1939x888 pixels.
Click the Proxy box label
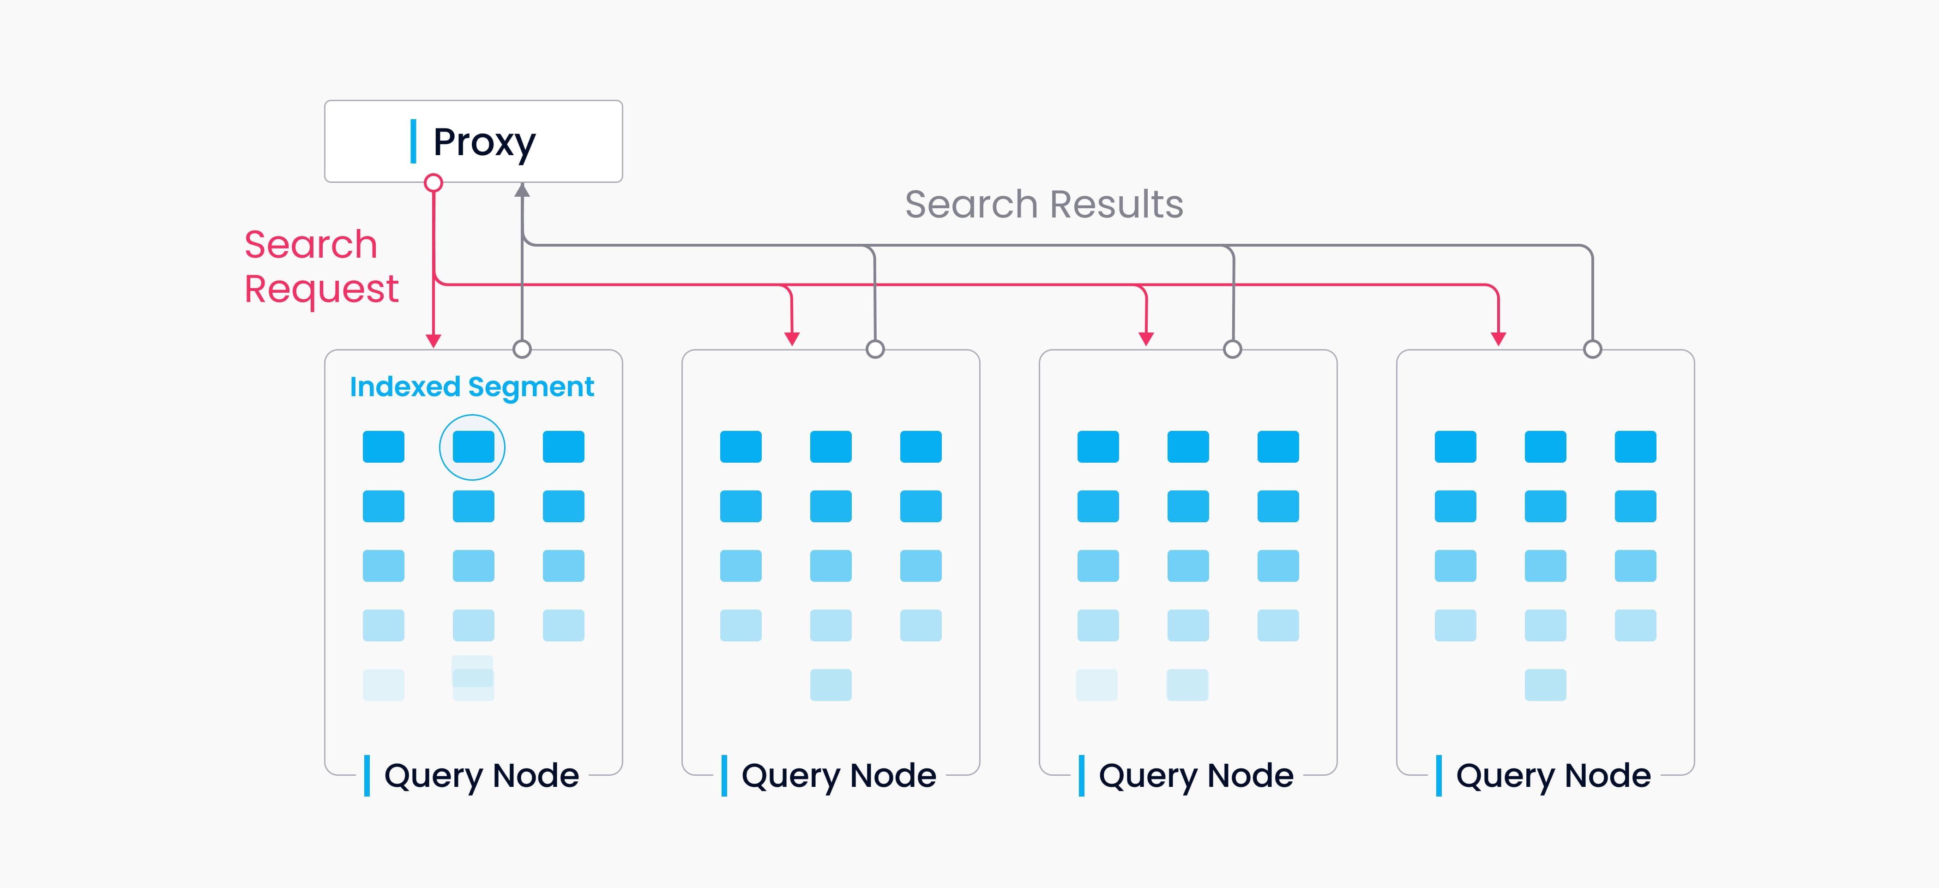483,142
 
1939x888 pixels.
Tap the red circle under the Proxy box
434,183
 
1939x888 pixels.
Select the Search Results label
1043,204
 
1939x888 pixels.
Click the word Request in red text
321,289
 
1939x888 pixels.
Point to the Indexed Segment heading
472,387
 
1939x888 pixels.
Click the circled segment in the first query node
473,447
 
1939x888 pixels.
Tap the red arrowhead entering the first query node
434,340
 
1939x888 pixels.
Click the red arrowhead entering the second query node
792,339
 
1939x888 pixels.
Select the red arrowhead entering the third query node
1146,339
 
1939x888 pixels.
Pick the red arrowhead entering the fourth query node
1499,339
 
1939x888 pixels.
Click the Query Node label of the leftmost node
481,775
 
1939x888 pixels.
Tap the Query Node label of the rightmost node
1553,775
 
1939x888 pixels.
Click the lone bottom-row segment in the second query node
831,685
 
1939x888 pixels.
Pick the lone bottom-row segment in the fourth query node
1545,685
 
